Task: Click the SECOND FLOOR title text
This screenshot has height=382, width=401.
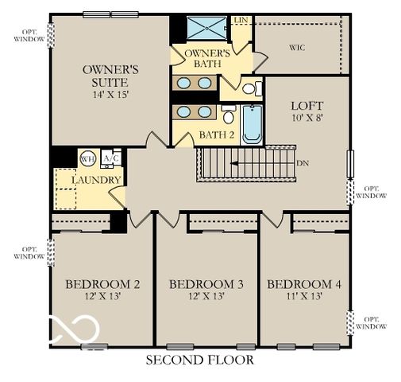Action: click(200, 361)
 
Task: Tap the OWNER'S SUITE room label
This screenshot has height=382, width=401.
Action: click(111, 76)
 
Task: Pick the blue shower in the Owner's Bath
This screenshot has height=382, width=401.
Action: click(206, 28)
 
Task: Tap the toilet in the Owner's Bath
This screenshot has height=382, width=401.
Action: click(249, 88)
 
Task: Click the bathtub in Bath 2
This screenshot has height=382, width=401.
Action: click(252, 125)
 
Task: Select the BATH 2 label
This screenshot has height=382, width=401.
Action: click(217, 134)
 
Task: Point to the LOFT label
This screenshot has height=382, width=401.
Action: click(307, 105)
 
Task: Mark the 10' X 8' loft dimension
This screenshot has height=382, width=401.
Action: click(307, 118)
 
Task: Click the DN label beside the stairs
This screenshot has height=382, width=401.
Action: click(302, 162)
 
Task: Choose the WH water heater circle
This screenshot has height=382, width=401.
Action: click(87, 158)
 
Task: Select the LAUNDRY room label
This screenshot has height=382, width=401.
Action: click(96, 180)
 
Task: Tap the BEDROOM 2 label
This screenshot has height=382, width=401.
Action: click(102, 284)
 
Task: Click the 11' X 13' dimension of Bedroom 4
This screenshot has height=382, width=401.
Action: click(306, 296)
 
